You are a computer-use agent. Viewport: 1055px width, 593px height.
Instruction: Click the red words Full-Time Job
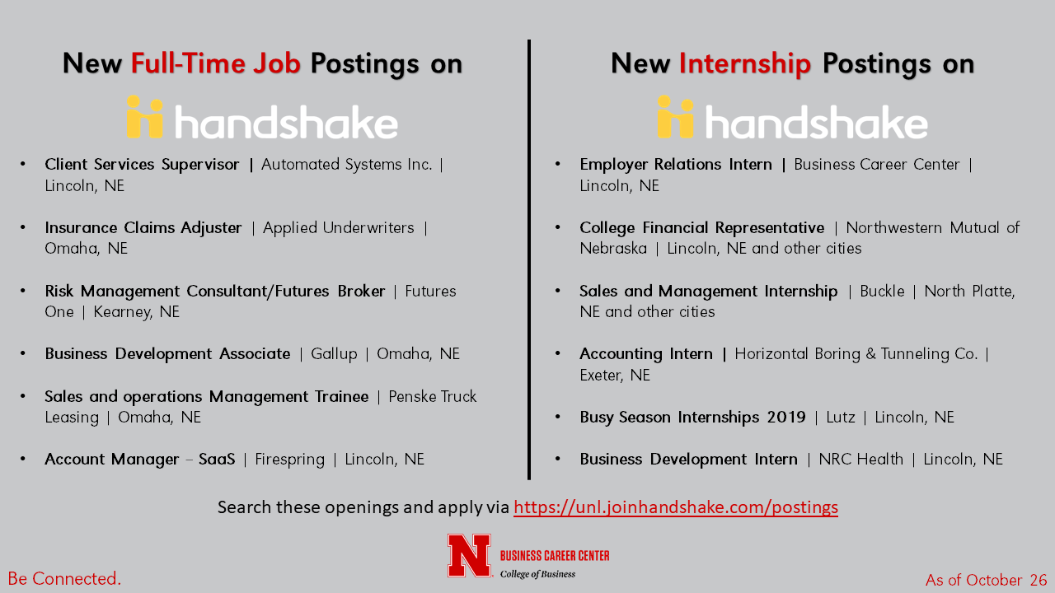(x=216, y=63)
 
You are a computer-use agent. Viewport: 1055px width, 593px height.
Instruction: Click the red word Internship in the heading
(x=744, y=64)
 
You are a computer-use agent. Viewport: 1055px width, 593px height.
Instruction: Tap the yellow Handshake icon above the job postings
(x=145, y=117)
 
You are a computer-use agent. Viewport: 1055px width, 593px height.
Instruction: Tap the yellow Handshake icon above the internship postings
(x=676, y=117)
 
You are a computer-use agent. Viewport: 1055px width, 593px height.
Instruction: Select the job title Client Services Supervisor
(x=142, y=164)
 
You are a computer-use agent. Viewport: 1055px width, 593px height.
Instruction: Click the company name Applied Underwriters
(x=339, y=228)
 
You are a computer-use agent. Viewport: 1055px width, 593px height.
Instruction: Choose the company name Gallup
(x=334, y=354)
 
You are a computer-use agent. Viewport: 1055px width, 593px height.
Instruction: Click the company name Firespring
(x=289, y=460)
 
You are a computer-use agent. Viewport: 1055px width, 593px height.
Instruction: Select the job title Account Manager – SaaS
(x=140, y=459)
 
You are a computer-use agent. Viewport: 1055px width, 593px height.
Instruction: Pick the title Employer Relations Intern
(x=676, y=164)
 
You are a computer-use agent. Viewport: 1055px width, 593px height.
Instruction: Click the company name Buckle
(x=882, y=291)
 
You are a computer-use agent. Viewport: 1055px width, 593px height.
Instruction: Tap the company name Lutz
(x=841, y=417)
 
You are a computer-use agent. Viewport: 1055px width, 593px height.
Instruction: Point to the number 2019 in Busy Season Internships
(x=786, y=417)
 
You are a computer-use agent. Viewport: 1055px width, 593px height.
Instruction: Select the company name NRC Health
(x=861, y=459)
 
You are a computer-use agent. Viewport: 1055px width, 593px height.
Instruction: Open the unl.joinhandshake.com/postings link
(x=676, y=507)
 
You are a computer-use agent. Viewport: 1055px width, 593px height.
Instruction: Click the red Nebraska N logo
(x=470, y=556)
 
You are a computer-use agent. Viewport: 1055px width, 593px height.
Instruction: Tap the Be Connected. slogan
(x=64, y=578)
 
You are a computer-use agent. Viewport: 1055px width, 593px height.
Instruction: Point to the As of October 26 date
(x=987, y=580)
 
